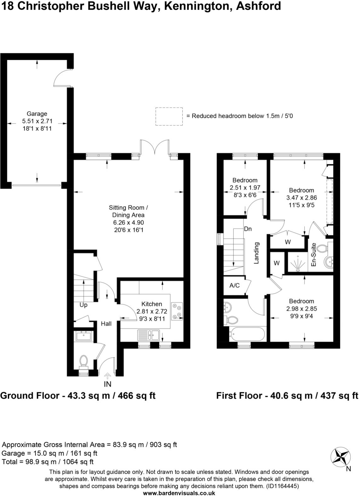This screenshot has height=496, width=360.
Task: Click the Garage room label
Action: click(x=37, y=114)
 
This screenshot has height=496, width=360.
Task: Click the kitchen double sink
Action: click(x=149, y=335)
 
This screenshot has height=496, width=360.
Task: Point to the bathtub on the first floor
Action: click(x=247, y=335)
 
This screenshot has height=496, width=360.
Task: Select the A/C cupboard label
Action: click(x=235, y=285)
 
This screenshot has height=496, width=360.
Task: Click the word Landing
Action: click(x=256, y=253)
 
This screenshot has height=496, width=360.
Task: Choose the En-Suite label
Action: click(x=313, y=255)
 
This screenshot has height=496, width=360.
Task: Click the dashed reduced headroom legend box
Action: click(x=169, y=116)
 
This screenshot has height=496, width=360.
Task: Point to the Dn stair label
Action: click(x=248, y=229)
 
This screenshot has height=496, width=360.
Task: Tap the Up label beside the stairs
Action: click(x=83, y=305)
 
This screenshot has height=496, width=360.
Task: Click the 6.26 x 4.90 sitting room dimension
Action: click(x=128, y=223)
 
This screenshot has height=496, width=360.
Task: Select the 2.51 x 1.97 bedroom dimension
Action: click(x=245, y=188)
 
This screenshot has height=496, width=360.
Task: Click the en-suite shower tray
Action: click(x=296, y=262)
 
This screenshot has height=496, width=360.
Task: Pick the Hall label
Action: click(x=106, y=324)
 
